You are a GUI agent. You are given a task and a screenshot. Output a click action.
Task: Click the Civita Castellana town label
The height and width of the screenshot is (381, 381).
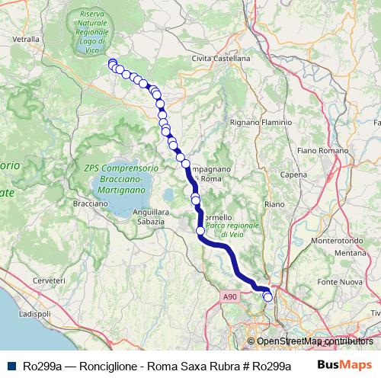point(221,58)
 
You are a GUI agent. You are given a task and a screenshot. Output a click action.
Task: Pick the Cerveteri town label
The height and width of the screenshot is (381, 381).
point(48,281)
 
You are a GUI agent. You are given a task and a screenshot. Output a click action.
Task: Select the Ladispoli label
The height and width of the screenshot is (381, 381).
point(34,314)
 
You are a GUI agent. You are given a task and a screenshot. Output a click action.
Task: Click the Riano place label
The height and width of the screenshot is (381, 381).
point(274,204)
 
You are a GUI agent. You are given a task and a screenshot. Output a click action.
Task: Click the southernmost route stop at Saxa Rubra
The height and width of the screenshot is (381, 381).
point(268,298)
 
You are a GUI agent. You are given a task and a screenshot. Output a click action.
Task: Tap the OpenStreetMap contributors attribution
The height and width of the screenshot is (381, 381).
point(315,341)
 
